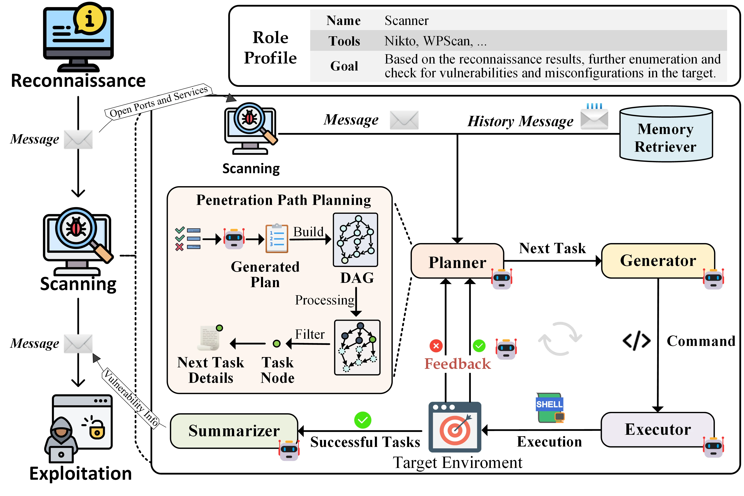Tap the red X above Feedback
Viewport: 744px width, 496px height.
tap(436, 346)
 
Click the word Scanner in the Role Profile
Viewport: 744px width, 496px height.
tap(406, 21)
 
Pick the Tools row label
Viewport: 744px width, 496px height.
tap(344, 41)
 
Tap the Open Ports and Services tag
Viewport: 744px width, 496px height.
tap(158, 101)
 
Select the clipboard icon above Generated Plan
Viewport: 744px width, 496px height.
tap(276, 239)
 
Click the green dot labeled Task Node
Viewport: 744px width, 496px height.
tap(276, 343)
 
